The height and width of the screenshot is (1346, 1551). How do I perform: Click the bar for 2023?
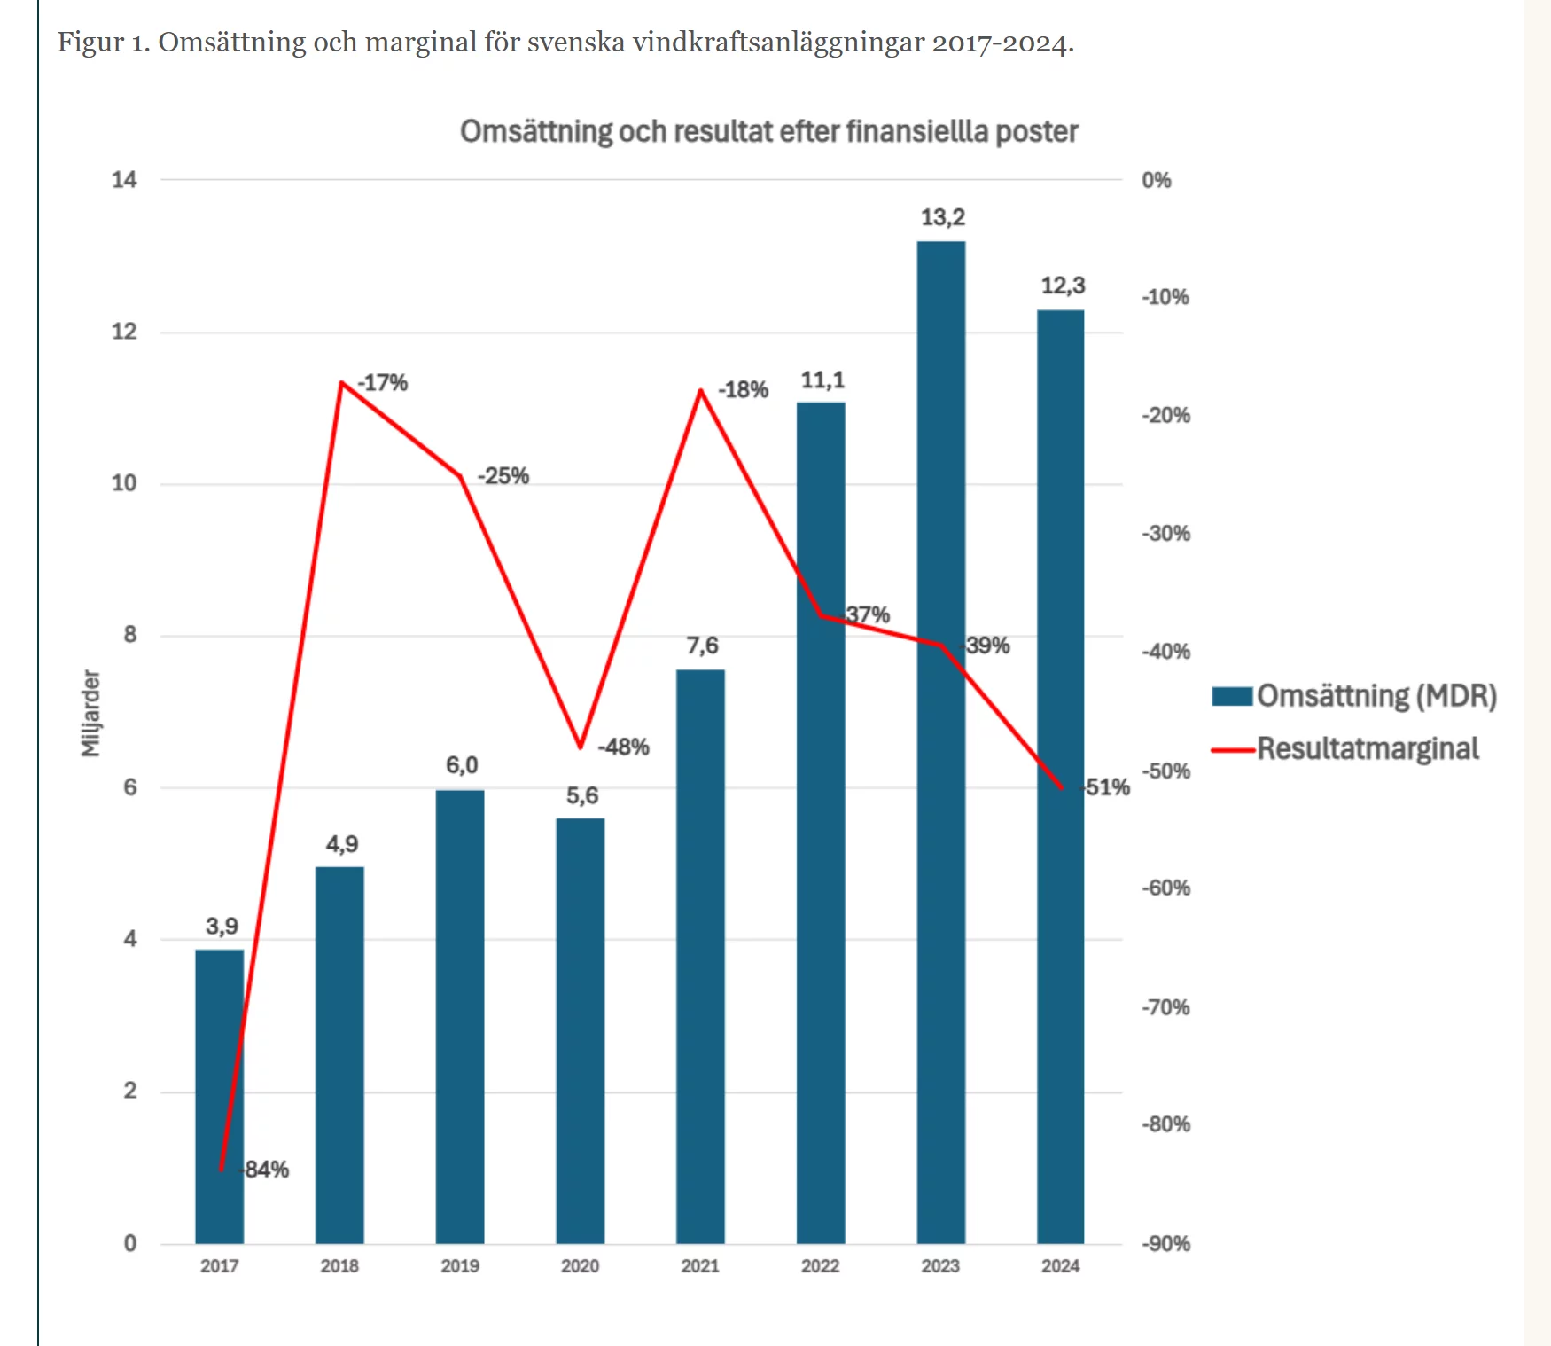tap(940, 798)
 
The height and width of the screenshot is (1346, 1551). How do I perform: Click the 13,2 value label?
tap(942, 217)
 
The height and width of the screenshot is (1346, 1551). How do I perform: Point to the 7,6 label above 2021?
tap(702, 646)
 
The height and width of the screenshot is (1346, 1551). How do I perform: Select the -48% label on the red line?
tap(624, 747)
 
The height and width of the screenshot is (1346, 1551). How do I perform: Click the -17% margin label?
tap(383, 383)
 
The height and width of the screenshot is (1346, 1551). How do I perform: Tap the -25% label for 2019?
tap(503, 476)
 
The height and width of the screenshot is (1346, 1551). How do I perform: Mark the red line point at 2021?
tap(701, 390)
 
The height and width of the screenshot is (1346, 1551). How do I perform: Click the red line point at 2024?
tap(1062, 787)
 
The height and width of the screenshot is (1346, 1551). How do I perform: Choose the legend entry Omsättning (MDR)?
tap(1354, 696)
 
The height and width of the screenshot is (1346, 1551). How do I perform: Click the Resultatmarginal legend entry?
tap(1345, 749)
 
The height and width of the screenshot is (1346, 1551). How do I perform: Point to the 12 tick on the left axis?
tap(125, 332)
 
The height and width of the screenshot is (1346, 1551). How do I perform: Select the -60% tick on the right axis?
tap(1165, 888)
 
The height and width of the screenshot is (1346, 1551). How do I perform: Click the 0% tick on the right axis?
tap(1157, 181)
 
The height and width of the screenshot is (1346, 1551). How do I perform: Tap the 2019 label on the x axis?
tap(460, 1266)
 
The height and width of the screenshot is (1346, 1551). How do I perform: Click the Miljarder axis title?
tap(90, 713)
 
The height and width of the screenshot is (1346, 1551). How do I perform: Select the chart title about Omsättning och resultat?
tap(768, 131)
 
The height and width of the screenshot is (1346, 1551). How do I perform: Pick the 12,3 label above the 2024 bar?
tap(1063, 286)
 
